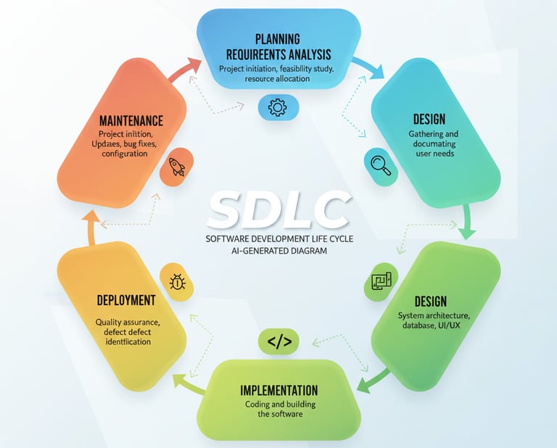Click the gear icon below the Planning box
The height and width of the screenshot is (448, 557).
[278, 108]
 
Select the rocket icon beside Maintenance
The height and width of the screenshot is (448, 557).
[177, 167]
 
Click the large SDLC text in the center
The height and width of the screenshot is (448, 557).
[278, 210]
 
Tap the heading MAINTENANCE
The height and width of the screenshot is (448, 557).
[131, 120]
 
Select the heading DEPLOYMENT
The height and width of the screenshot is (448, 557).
[126, 299]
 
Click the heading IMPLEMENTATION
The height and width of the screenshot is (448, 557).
[278, 391]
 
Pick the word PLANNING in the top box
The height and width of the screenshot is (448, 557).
[278, 38]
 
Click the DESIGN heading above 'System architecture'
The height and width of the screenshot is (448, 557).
[430, 301]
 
